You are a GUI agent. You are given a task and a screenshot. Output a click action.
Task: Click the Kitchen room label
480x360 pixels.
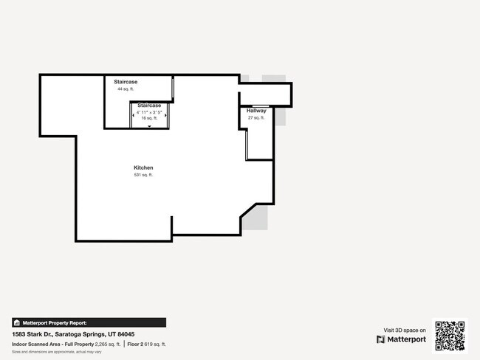(143, 167)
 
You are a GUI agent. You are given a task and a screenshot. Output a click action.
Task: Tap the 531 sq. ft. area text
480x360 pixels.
(143, 175)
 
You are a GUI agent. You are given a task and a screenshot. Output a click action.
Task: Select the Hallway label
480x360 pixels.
(256, 111)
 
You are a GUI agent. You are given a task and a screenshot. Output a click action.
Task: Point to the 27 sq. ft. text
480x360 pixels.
(256, 118)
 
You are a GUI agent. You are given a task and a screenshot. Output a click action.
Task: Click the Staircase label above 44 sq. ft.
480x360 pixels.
(126, 81)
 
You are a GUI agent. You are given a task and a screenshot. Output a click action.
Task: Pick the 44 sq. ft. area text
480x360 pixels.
(126, 89)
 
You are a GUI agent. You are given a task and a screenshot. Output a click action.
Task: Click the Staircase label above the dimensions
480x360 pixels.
(149, 105)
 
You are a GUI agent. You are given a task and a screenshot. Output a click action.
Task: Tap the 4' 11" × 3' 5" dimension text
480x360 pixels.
(149, 112)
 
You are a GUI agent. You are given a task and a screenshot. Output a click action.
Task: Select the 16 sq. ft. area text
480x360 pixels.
(149, 118)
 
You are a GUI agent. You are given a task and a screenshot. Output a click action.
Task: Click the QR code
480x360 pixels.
(450, 335)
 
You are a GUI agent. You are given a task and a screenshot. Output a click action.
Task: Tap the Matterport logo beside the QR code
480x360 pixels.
(402, 339)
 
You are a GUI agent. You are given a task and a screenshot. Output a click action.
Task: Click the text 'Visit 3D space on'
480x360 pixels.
(405, 330)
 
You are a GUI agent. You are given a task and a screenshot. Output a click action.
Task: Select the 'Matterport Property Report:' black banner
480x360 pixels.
(89, 322)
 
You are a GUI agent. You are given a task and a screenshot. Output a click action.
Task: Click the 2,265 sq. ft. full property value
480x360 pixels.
(108, 345)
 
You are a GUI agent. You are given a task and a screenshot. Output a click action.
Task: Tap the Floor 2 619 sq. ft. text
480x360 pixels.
(146, 345)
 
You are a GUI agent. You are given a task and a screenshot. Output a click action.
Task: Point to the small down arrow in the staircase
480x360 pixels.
(149, 127)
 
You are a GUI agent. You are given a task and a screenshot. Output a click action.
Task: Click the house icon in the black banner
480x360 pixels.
(17, 322)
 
